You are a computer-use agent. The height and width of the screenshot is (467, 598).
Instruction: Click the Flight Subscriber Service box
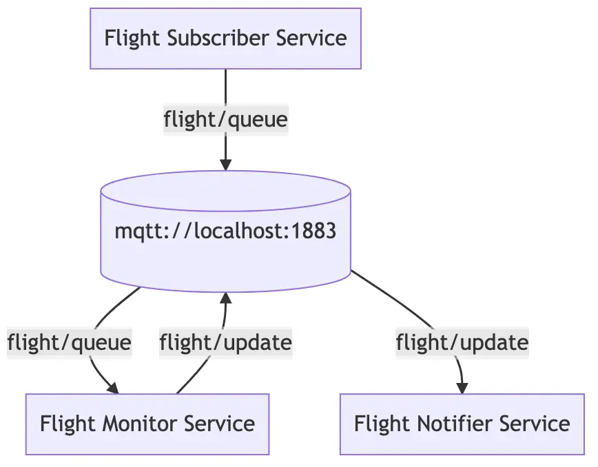[225, 38]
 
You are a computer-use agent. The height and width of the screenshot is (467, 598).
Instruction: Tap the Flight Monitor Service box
[147, 424]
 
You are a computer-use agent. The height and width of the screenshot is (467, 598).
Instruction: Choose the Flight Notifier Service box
[462, 424]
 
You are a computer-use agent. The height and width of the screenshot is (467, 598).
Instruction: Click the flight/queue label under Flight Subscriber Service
[225, 120]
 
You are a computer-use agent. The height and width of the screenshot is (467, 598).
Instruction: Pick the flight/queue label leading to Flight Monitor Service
[69, 342]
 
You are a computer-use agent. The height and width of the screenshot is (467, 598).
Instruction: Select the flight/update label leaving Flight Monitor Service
[225, 342]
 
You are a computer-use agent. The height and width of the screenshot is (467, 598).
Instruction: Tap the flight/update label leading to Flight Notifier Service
[462, 342]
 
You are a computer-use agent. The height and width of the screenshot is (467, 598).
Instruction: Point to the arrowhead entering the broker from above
[225, 164]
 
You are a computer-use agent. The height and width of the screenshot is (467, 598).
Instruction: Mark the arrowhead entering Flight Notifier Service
[462, 387]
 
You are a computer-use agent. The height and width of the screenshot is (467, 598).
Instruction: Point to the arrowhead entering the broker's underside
[225, 298]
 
